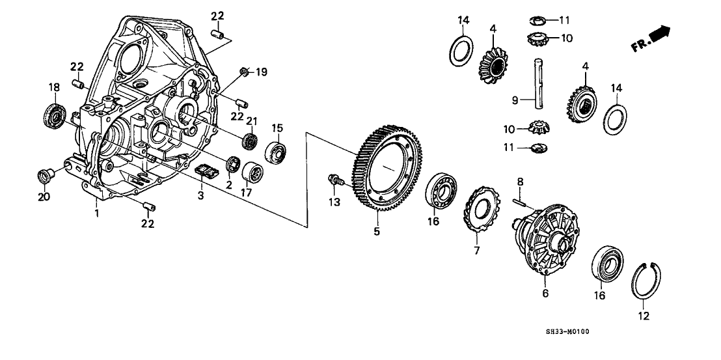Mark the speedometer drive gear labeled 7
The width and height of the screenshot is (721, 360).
[482, 208]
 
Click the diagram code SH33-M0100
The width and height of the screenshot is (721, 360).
[567, 332]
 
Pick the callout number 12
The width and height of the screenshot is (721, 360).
[644, 318]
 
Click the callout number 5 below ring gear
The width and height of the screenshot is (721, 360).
[375, 230]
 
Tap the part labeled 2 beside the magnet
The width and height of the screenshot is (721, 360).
[231, 164]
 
